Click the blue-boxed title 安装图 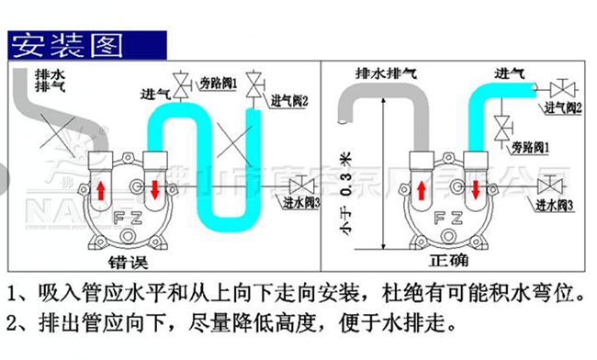[x=64, y=42]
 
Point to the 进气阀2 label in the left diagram [x=288, y=99]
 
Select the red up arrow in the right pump [x=422, y=192]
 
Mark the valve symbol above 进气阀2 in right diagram [x=562, y=89]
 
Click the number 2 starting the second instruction [x=12, y=325]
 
